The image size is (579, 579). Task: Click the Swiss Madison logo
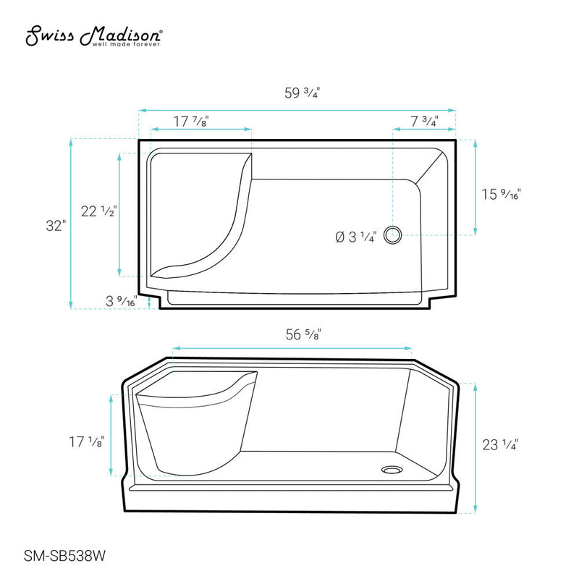(x=94, y=35)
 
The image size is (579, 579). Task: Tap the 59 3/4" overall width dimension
(x=302, y=93)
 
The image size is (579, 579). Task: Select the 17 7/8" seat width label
(x=191, y=121)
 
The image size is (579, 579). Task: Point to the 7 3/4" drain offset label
(x=424, y=121)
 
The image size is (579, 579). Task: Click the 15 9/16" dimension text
(x=501, y=194)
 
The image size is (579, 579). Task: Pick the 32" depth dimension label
(x=56, y=226)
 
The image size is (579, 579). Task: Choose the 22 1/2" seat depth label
(x=98, y=211)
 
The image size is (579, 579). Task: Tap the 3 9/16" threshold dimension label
(x=122, y=301)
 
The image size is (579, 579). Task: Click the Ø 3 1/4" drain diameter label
(x=356, y=237)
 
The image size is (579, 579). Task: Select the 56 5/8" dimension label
(x=303, y=334)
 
